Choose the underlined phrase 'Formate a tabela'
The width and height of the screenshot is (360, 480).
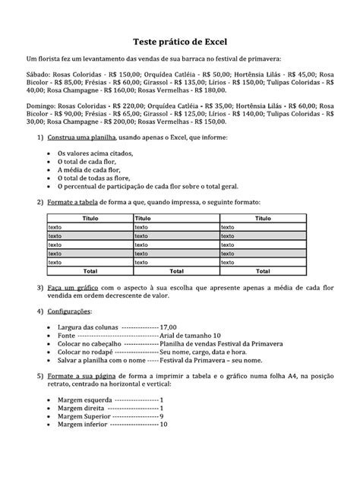click(74, 203)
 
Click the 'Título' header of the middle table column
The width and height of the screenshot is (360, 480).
click(144, 218)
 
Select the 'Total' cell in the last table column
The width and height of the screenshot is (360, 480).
click(262, 270)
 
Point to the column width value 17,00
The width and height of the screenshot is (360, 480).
click(168, 325)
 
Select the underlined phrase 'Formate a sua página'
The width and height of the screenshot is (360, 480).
click(80, 376)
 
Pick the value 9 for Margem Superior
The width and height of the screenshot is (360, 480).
click(162, 415)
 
